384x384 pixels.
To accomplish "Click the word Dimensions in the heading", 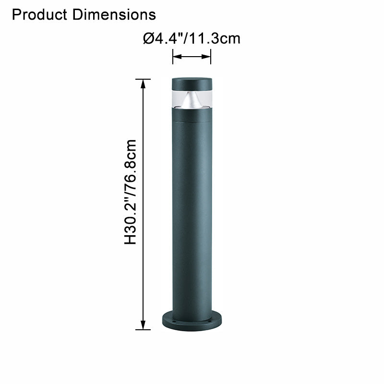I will [x=114, y=14].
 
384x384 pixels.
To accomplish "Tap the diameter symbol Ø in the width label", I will [x=148, y=38].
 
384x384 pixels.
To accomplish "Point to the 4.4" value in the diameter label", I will [x=168, y=38].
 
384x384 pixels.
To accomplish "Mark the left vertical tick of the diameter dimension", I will [x=173, y=57].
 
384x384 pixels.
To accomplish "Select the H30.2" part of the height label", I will [x=131, y=218].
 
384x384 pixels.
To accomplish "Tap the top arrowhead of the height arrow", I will [x=143, y=84].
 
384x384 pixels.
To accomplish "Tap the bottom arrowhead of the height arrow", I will [x=143, y=324].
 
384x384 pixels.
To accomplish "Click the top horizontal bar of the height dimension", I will [x=143, y=79].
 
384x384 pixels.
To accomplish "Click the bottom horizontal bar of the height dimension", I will [x=143, y=330].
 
